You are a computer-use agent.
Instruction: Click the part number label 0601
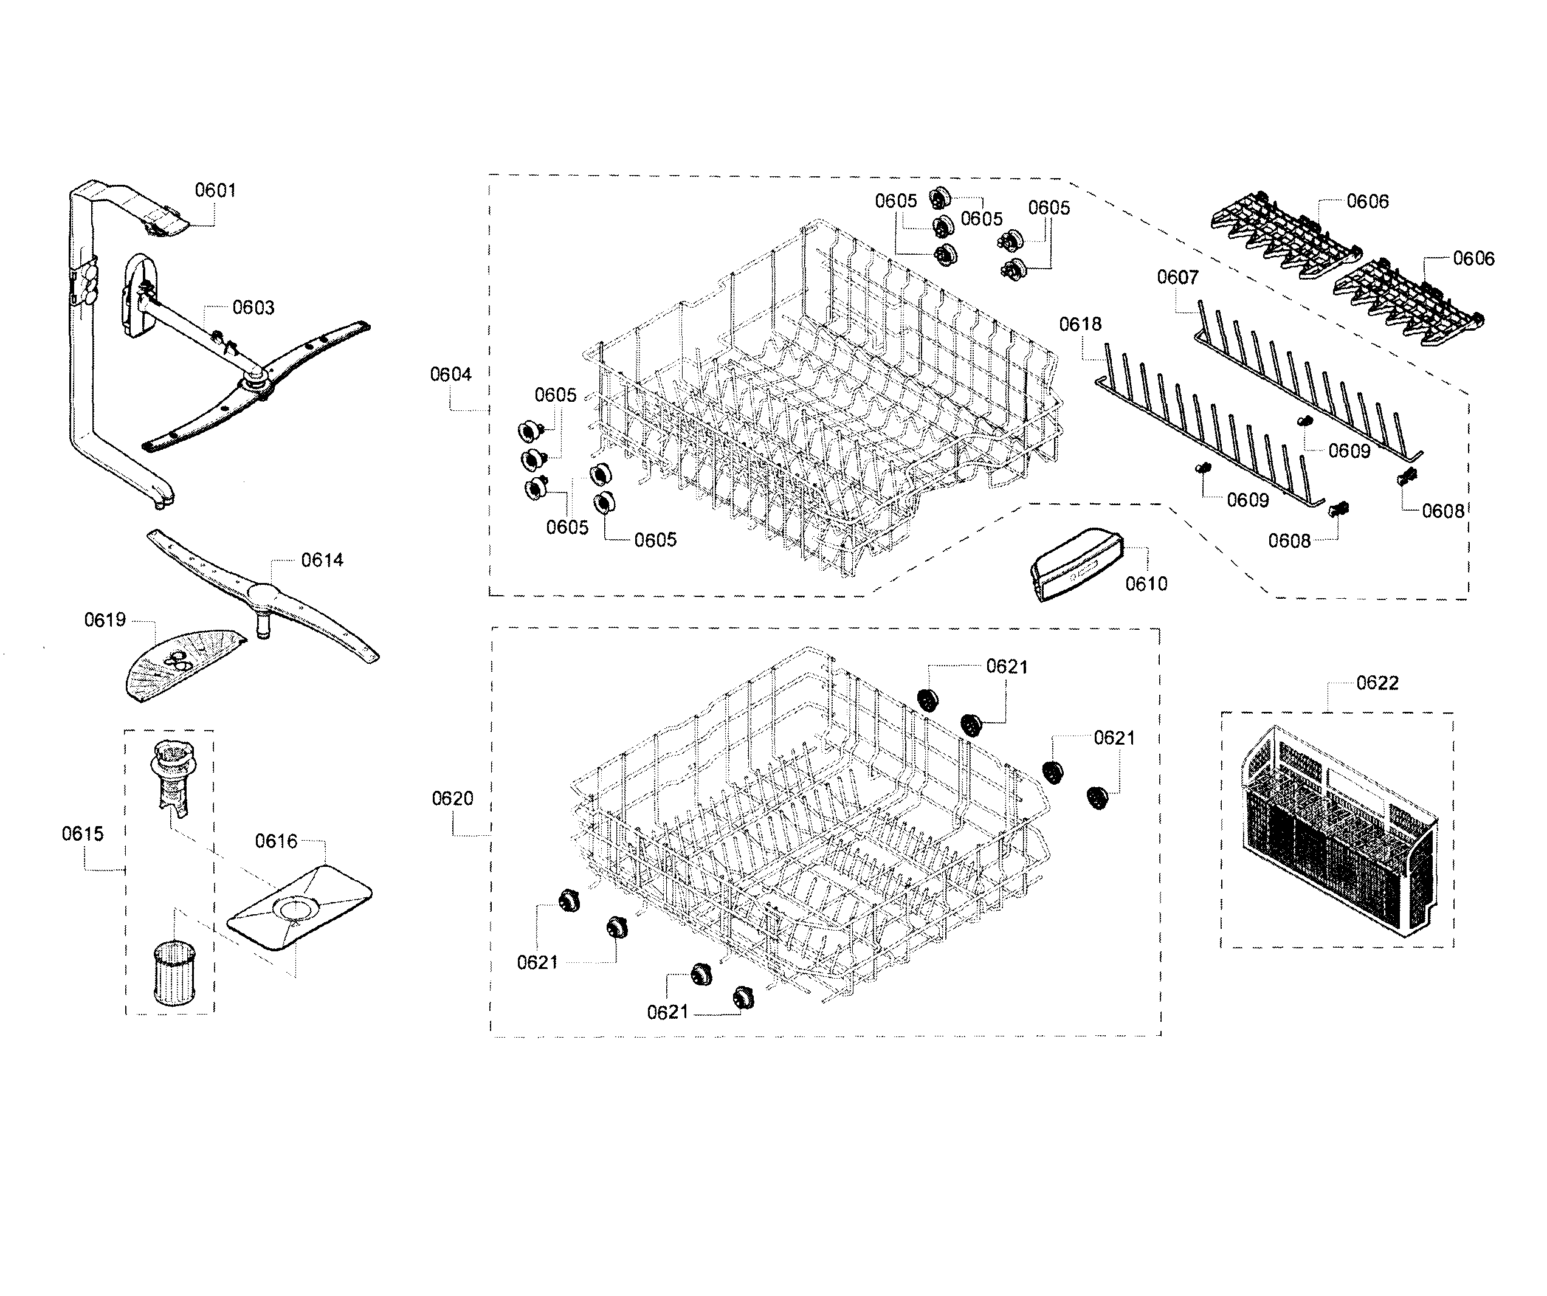[215, 190]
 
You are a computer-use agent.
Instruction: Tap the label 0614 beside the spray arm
[322, 560]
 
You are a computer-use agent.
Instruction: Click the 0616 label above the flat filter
[275, 841]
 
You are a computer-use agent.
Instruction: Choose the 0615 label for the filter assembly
[83, 833]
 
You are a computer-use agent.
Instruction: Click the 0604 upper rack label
[451, 374]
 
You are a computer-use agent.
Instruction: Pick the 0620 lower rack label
[452, 798]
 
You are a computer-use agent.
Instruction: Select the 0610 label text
[1146, 584]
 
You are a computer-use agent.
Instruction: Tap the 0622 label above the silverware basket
[1377, 683]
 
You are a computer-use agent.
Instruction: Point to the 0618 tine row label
[1080, 324]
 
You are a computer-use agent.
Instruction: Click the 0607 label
[1177, 277]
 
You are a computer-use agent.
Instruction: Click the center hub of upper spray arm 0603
[256, 382]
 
